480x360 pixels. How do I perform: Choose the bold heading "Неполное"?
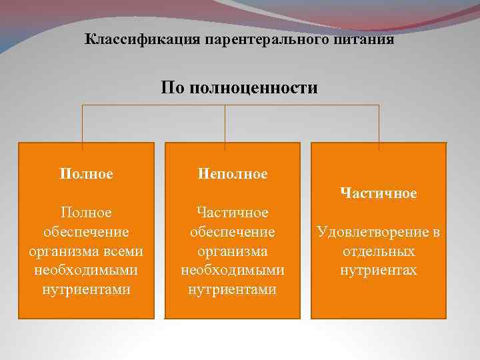click(x=233, y=174)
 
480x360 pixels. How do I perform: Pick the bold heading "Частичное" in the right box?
click(x=379, y=193)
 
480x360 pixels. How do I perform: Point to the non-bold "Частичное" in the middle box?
click(x=233, y=212)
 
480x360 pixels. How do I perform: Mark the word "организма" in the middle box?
click(x=233, y=251)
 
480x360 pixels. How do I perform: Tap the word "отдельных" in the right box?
click(x=379, y=251)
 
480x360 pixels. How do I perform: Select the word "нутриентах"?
click(x=379, y=271)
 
